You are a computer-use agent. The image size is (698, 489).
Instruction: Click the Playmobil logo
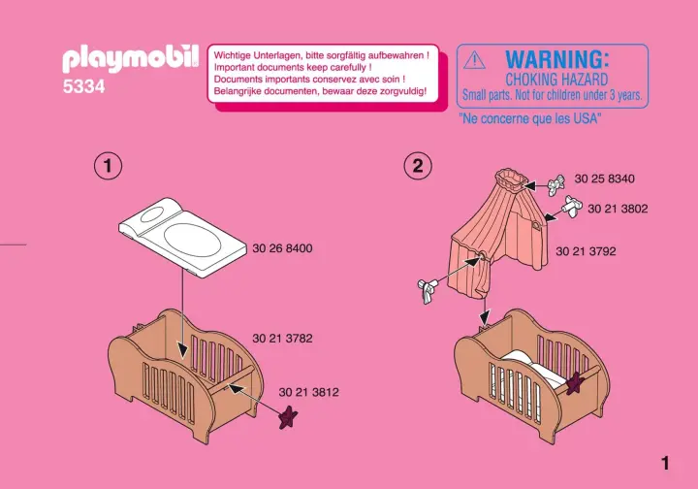131,59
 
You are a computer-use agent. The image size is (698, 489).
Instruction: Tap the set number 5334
83,86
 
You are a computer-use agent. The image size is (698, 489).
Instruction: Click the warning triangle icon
474,60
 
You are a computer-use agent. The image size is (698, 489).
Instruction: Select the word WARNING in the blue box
556,59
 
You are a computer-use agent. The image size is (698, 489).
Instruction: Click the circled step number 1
108,166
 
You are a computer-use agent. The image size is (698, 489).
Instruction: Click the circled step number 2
418,166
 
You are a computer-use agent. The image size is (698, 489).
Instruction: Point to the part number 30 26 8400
282,248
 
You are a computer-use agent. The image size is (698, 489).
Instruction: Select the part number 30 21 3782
282,339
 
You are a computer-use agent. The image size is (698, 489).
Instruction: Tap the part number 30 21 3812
308,392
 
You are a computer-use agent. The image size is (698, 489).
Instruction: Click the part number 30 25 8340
605,179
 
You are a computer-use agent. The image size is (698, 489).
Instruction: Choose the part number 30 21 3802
618,209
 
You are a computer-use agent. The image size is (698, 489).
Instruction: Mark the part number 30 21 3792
586,251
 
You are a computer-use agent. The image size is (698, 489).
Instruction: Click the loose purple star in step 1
288,418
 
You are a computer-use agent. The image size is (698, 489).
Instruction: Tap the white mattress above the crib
182,238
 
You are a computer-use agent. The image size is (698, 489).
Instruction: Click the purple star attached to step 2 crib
575,383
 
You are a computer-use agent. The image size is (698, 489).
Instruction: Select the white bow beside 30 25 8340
556,185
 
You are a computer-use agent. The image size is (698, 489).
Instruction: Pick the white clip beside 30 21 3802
573,206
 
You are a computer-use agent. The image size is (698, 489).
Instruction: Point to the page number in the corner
665,464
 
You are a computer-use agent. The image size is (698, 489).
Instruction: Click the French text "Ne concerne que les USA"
529,118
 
